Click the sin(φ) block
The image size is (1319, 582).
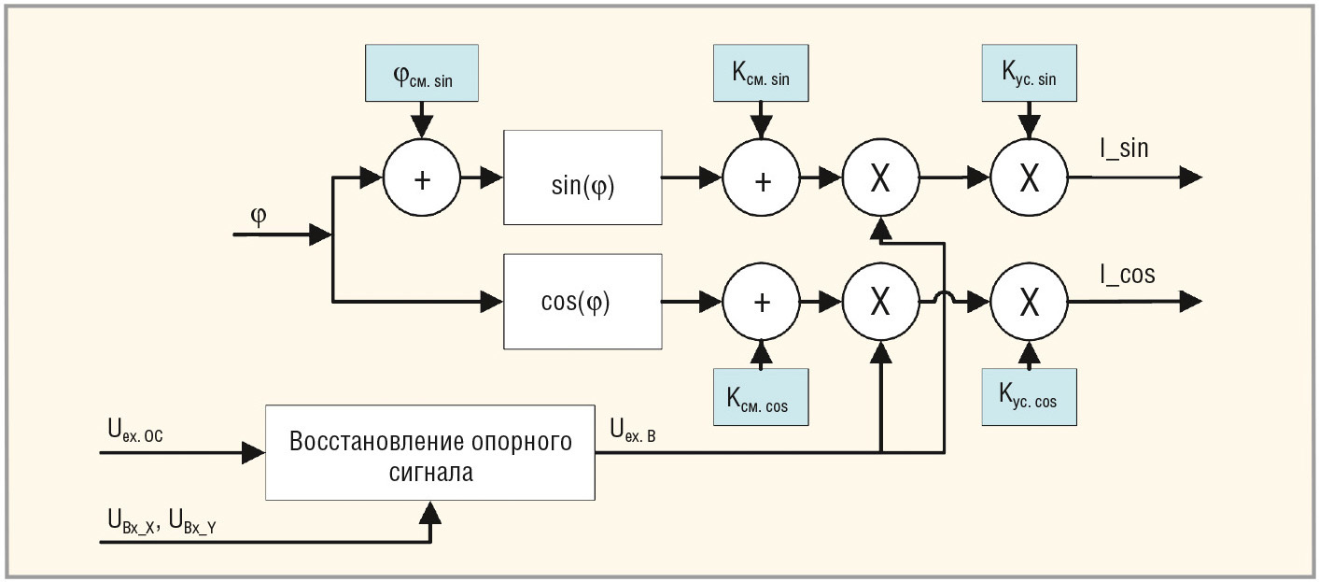tap(582, 177)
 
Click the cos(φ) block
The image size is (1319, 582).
tap(582, 301)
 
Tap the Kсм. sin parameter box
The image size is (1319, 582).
tap(761, 72)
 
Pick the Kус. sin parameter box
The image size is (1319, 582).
tap(1029, 72)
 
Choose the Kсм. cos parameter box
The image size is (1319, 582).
tap(761, 397)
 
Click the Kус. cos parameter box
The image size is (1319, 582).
tap(1029, 397)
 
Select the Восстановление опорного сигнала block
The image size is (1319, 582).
tap(430, 452)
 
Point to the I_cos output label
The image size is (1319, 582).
tap(1126, 274)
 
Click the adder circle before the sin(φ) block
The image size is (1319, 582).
tap(422, 177)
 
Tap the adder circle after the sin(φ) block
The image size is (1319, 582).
tap(761, 177)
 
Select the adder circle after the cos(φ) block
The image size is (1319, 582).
tap(761, 301)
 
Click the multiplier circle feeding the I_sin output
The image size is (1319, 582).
tap(1029, 177)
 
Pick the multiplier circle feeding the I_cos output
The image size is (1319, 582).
tap(1029, 301)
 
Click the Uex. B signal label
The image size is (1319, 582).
tap(633, 430)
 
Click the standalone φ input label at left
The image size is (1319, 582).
tap(259, 215)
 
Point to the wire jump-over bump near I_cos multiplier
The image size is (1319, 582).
tap(945, 300)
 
